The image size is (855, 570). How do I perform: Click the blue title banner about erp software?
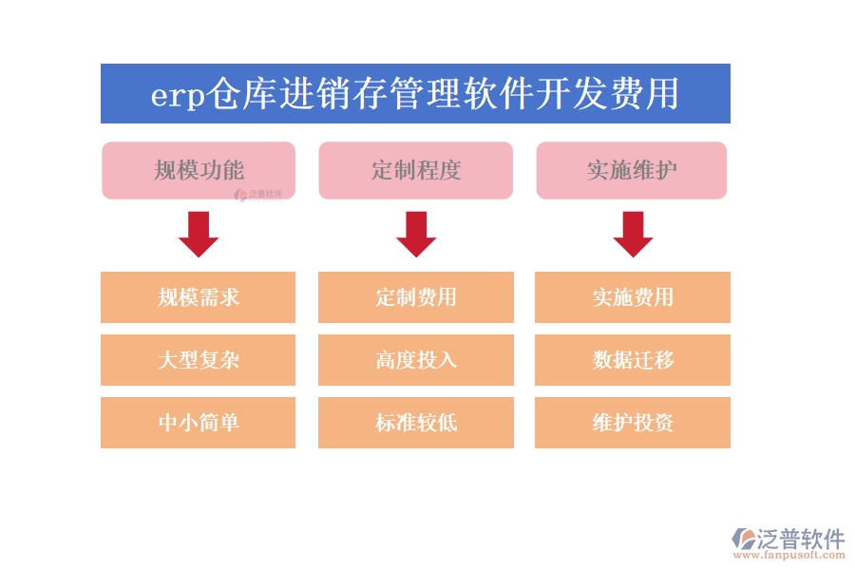tap(415, 93)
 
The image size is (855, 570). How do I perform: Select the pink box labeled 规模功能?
tap(199, 170)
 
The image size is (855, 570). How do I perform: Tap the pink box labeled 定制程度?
tap(415, 170)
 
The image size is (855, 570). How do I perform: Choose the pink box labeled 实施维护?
tap(632, 170)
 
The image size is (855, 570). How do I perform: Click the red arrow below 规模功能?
tap(199, 234)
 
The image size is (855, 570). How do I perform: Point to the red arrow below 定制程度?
tap(416, 234)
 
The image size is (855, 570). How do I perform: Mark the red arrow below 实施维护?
tap(633, 234)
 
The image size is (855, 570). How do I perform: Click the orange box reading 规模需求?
tap(198, 297)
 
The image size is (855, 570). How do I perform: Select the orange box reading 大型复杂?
tap(198, 360)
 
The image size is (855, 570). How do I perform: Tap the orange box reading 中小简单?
tap(198, 423)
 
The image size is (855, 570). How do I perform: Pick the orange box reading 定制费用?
tap(415, 297)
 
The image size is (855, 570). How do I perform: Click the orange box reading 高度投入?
tap(415, 360)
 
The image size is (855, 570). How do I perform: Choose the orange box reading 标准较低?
tap(415, 423)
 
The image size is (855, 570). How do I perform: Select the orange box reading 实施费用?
tap(633, 297)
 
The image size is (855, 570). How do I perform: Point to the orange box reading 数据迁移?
tap(633, 360)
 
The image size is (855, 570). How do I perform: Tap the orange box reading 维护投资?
tap(633, 423)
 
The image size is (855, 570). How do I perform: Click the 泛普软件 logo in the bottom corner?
tap(788, 539)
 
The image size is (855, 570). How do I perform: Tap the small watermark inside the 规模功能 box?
tap(258, 195)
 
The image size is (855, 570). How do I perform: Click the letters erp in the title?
tap(178, 96)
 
